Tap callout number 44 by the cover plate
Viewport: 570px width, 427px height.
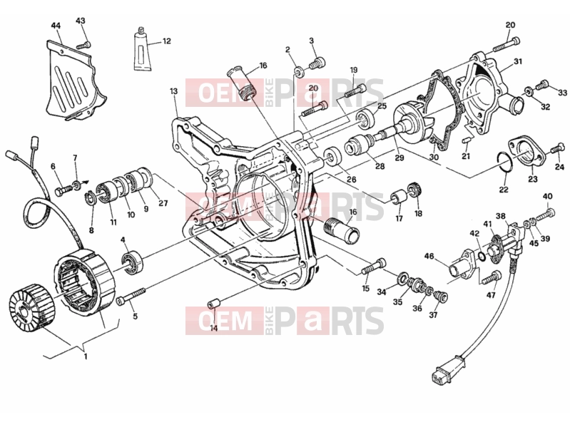pyautogui.click(x=56, y=26)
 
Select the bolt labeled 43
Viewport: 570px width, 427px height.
pyautogui.click(x=83, y=46)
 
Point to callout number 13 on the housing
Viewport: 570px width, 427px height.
pyautogui.click(x=174, y=91)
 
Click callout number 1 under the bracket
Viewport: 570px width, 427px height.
pyautogui.click(x=86, y=356)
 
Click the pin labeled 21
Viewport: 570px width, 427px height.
pyautogui.click(x=467, y=140)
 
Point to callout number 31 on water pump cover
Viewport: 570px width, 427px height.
pyautogui.click(x=518, y=62)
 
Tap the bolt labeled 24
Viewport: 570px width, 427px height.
pyautogui.click(x=558, y=148)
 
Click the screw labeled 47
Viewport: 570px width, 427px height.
pyautogui.click(x=492, y=278)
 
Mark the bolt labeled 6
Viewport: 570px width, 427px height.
pyautogui.click(x=63, y=190)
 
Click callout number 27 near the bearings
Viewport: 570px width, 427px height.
pyautogui.click(x=163, y=203)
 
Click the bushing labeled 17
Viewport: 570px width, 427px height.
pyautogui.click(x=399, y=196)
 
